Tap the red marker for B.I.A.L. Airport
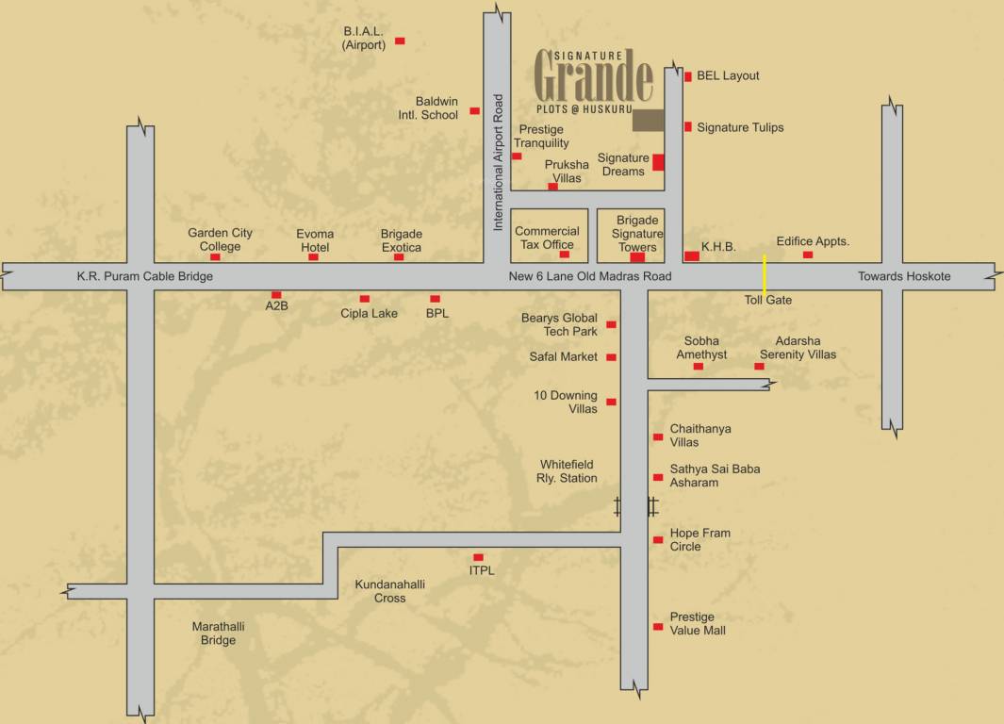[x=400, y=41]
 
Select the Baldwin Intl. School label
[x=436, y=108]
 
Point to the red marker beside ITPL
[x=478, y=557]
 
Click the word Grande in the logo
[x=594, y=80]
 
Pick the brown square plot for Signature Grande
[x=648, y=120]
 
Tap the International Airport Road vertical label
[x=499, y=162]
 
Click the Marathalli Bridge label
[x=214, y=633]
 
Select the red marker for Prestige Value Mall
[x=658, y=627]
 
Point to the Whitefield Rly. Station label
[x=568, y=471]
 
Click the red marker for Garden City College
[x=215, y=256]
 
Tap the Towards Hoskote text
[x=903, y=276]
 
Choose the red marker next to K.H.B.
[x=692, y=255]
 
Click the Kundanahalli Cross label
[x=389, y=591]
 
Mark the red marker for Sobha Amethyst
[x=699, y=366]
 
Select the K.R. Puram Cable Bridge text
[x=145, y=276]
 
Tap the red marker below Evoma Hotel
[x=313, y=256]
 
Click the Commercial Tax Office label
[x=547, y=238]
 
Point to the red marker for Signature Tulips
[x=688, y=126]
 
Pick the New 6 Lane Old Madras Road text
[x=590, y=276]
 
